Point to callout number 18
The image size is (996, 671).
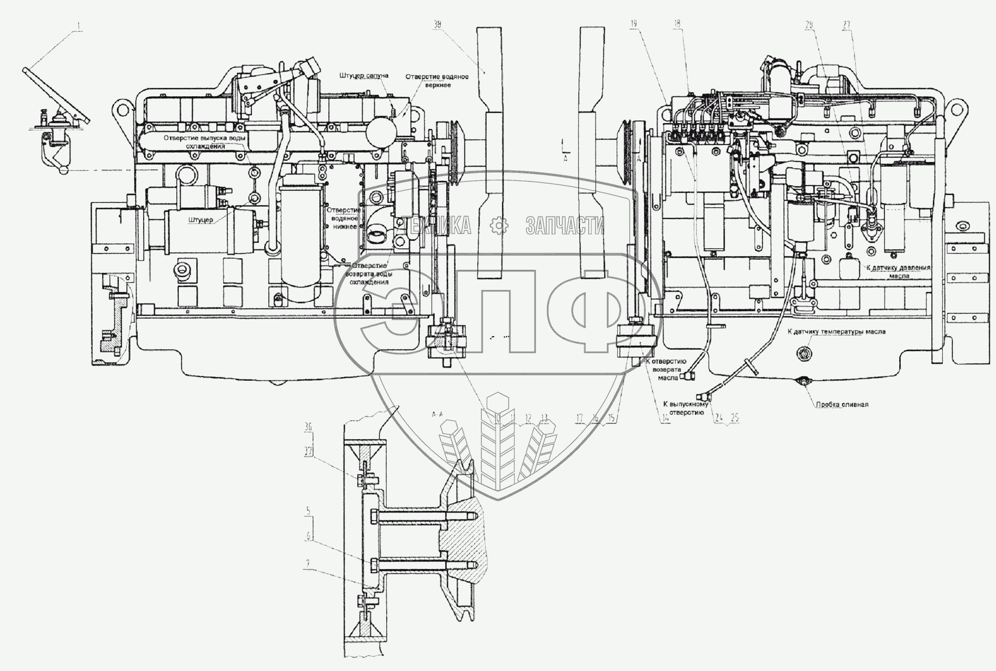678,25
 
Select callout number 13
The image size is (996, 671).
545,419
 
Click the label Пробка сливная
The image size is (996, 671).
842,404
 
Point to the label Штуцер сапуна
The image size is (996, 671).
364,76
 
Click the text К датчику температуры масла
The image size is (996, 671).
836,332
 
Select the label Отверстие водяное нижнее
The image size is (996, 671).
342,216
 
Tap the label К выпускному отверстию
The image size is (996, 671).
683,408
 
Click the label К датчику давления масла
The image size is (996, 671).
898,271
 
